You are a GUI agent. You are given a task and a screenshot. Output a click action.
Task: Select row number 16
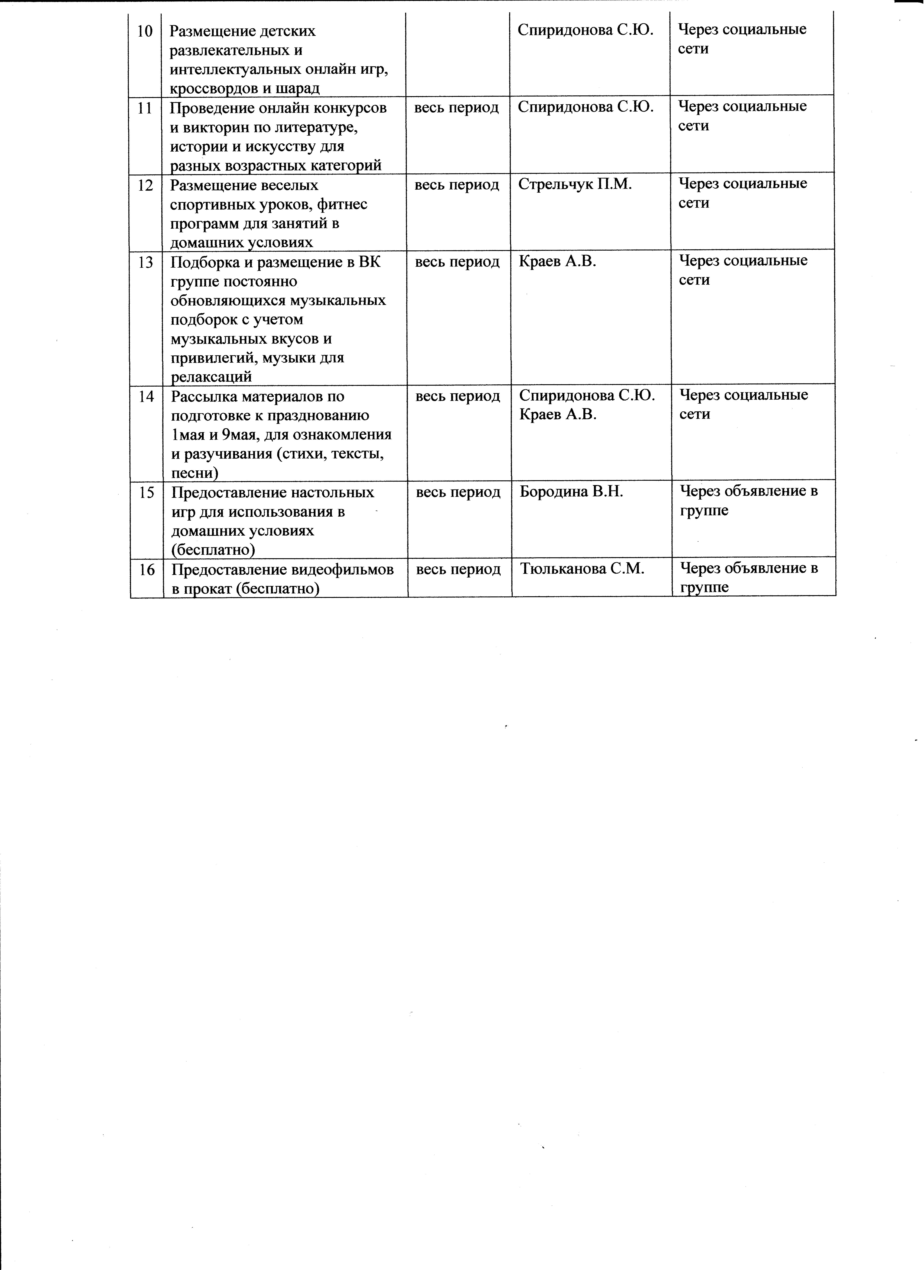(x=147, y=569)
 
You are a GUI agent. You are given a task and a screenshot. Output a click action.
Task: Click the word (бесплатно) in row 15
(x=213, y=550)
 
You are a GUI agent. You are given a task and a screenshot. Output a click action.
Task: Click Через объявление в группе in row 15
(x=749, y=501)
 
